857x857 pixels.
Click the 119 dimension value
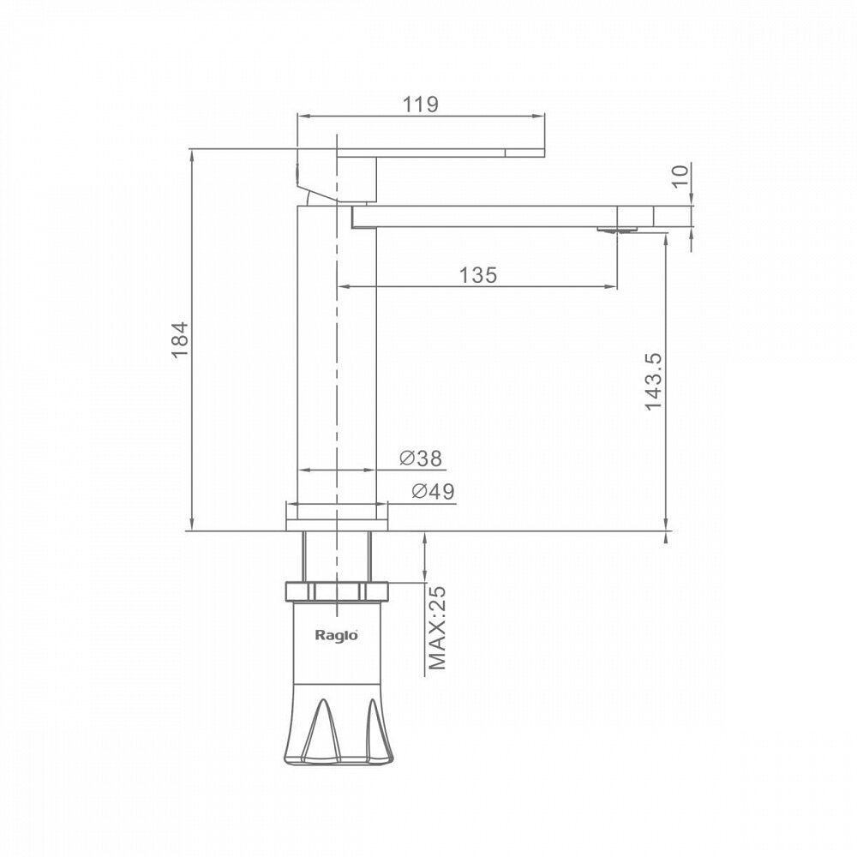[x=420, y=104]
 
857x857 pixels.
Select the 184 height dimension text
[x=180, y=340]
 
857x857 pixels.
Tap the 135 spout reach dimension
[x=478, y=275]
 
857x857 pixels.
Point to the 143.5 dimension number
[x=653, y=381]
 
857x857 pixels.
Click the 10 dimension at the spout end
[x=680, y=176]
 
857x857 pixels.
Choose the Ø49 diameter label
[x=433, y=491]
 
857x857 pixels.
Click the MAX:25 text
[x=437, y=628]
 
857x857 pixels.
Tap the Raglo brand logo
[x=336, y=635]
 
